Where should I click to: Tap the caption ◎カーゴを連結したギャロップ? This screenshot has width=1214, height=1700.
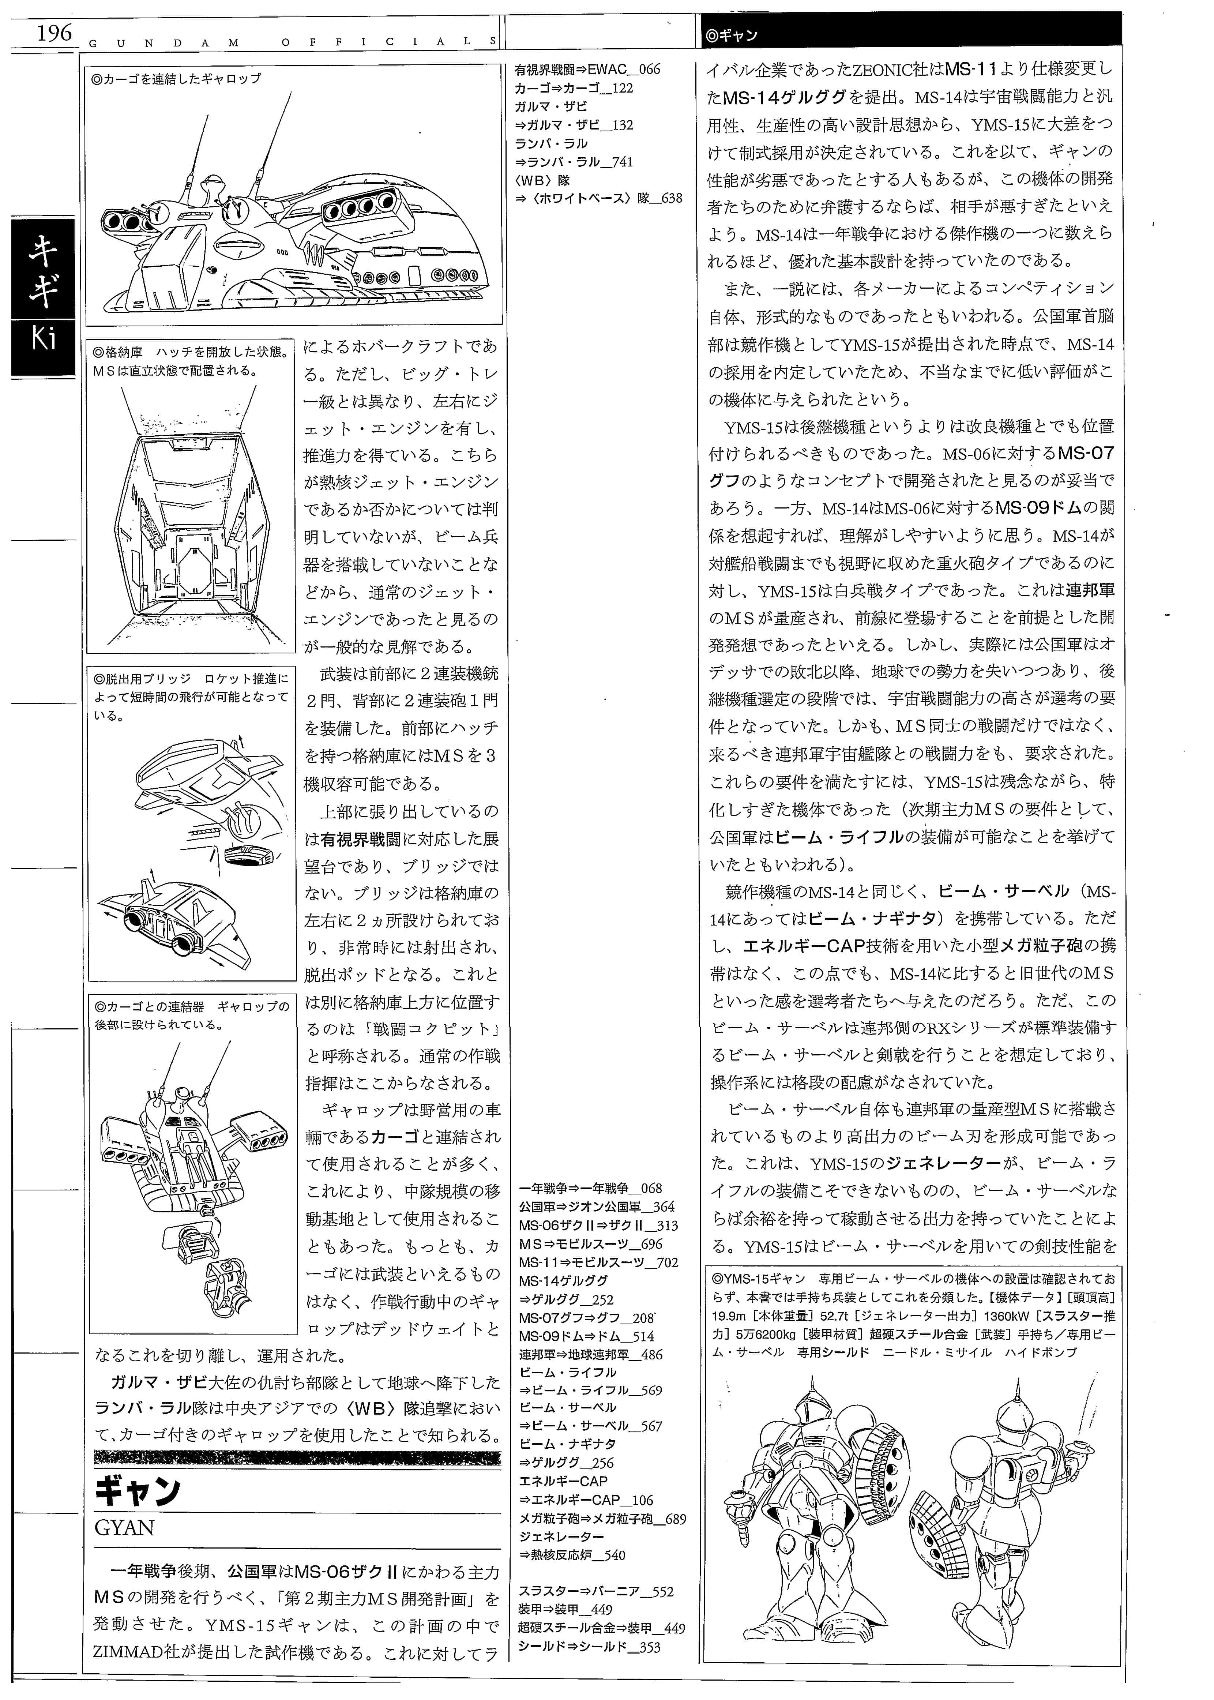176,78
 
